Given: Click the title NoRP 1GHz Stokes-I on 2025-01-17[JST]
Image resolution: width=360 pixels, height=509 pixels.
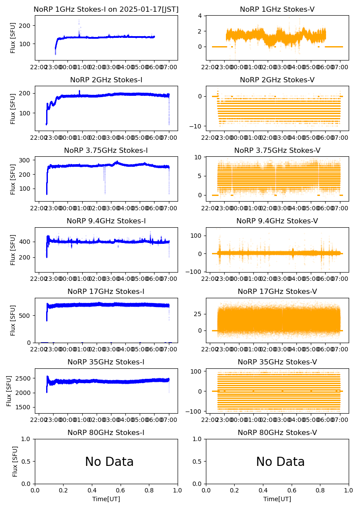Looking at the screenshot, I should (x=106, y=10).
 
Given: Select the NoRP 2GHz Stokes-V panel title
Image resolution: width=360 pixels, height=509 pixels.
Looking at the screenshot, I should (x=277, y=80).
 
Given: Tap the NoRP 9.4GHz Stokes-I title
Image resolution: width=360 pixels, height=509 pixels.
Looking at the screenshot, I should (x=106, y=221).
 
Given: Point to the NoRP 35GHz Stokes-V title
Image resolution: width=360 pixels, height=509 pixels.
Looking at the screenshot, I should (x=277, y=362).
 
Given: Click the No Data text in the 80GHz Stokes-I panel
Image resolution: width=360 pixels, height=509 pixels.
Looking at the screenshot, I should (x=109, y=462).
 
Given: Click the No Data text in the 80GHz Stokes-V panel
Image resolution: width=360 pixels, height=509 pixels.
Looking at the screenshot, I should (x=280, y=462).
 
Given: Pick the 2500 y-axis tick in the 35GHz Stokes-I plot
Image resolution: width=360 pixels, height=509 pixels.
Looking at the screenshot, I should (x=25, y=378).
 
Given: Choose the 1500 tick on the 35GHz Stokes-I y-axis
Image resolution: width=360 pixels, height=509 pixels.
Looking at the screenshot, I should (x=25, y=408).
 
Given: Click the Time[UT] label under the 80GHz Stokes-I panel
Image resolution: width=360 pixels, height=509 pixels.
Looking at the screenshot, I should (x=106, y=499).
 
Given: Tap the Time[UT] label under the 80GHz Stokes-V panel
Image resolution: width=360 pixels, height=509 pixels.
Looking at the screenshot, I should (x=277, y=499).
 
